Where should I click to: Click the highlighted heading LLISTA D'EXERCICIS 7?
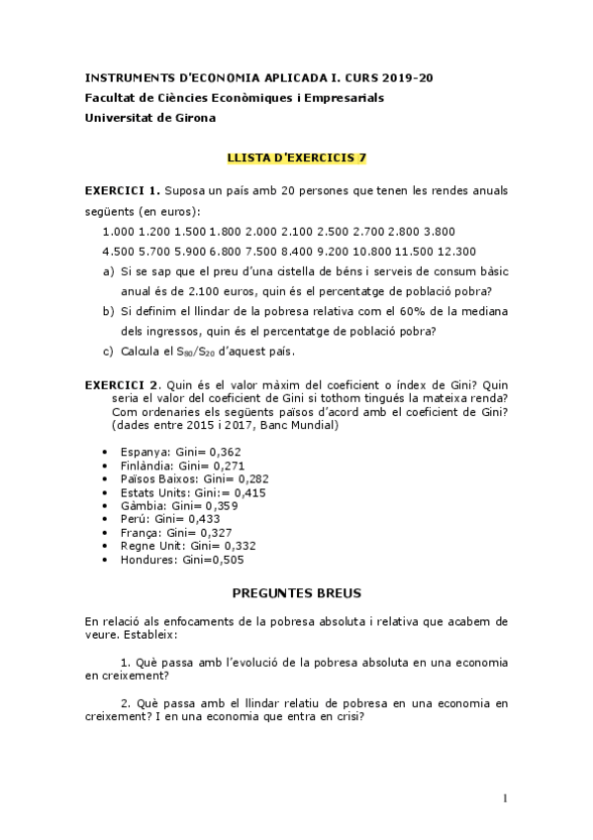[297, 157]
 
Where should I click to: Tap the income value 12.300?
[454, 251]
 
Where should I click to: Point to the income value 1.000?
[119, 231]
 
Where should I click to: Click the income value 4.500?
[119, 251]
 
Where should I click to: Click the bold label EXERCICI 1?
[122, 188]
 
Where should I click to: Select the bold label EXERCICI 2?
[122, 385]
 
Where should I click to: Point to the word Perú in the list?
[134, 519]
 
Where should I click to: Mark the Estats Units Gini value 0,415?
[245, 492]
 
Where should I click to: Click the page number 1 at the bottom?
[505, 798]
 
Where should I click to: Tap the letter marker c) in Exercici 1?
[108, 352]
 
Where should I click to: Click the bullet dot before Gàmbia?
[106, 506]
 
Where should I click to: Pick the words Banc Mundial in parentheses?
[302, 425]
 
